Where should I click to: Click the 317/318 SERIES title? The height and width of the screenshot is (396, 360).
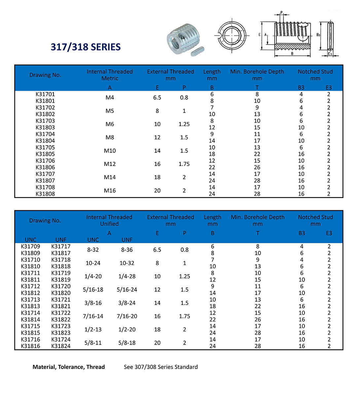(86, 47)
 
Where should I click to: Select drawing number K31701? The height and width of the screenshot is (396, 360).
(45, 94)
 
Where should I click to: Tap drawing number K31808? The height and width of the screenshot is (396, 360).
(45, 194)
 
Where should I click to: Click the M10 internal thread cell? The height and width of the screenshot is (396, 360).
(110, 151)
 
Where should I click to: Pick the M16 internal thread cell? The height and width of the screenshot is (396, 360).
(110, 191)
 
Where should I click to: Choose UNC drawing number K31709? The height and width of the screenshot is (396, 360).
(30, 247)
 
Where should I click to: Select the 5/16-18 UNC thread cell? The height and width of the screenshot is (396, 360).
(93, 290)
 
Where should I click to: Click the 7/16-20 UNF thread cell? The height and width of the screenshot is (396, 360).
(127, 316)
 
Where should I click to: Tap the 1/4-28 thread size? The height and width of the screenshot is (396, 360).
(127, 277)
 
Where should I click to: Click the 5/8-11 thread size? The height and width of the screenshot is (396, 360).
(93, 343)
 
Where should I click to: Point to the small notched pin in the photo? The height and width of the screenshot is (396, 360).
(198, 51)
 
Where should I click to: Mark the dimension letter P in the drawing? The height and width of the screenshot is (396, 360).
(281, 13)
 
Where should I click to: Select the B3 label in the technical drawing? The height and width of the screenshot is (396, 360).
(318, 35)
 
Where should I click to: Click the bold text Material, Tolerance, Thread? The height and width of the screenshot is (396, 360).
(69, 367)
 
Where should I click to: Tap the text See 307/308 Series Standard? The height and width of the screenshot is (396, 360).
(161, 367)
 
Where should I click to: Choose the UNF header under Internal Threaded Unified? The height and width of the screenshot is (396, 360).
(127, 240)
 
